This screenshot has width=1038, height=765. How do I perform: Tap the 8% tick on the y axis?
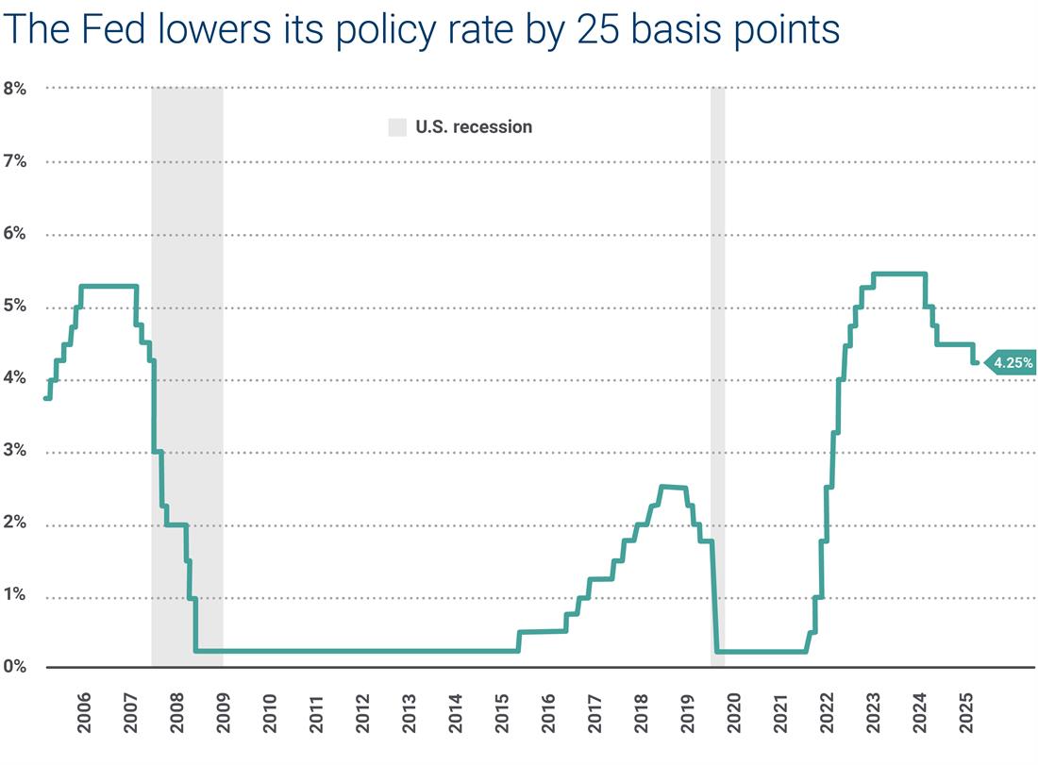click(x=16, y=89)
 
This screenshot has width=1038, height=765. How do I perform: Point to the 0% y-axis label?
click(x=16, y=667)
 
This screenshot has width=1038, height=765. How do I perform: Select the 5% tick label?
click(x=16, y=307)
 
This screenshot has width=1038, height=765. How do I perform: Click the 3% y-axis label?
click(x=16, y=452)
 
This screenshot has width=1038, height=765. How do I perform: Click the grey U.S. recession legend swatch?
click(x=397, y=127)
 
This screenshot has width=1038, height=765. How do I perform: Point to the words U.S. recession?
click(x=474, y=127)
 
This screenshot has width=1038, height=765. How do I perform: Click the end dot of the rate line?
click(x=975, y=361)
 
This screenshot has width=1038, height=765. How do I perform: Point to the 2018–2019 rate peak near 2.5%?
click(x=673, y=487)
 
